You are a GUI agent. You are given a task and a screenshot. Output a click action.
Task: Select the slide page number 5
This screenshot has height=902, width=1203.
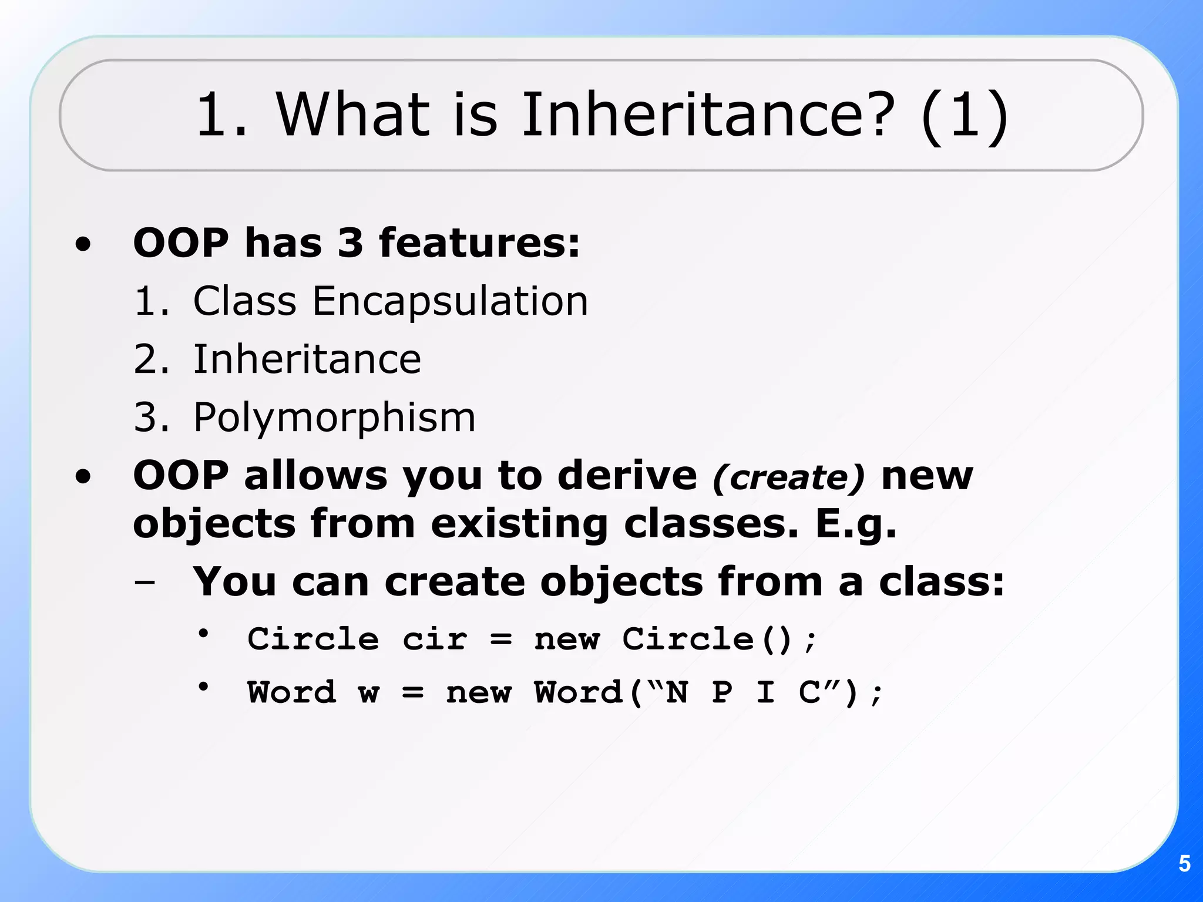(1184, 864)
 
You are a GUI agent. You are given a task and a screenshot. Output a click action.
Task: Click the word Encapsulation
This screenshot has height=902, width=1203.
(449, 301)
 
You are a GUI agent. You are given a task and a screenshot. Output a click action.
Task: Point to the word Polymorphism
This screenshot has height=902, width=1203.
(334, 418)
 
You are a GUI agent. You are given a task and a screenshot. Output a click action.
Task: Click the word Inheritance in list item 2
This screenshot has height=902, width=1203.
(307, 359)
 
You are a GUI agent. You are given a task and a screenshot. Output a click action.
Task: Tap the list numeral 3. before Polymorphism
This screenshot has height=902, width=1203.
(150, 418)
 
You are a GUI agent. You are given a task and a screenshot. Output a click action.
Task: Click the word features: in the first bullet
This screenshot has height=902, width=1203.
(479, 243)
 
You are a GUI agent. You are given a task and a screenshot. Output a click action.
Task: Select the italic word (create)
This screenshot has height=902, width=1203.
(788, 477)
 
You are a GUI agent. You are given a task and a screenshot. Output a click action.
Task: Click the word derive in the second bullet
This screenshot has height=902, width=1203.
(627, 475)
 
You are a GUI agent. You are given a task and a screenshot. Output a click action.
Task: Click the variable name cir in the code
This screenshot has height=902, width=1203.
(435, 639)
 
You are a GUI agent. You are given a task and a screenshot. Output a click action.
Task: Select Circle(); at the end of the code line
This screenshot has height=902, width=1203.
(719, 639)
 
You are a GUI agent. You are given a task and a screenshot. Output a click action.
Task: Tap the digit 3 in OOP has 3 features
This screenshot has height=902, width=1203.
(350, 243)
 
